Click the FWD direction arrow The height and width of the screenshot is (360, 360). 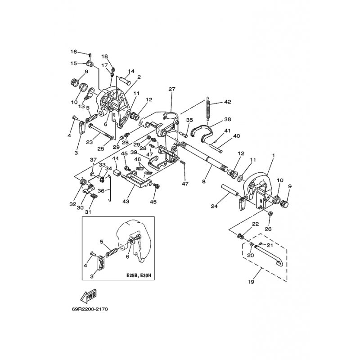pos(88,296)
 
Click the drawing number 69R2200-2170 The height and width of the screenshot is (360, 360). pos(90,309)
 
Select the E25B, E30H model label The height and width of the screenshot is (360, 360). pos(139,275)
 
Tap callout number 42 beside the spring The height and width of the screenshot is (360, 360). pos(227,102)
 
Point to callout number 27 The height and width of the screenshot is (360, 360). pos(172,89)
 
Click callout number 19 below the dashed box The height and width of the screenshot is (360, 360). pos(251,282)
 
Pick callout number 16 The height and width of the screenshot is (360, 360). pos(74,52)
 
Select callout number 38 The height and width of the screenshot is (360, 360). pos(227,119)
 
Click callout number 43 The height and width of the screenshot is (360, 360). pos(126,201)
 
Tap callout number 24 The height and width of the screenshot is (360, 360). pos(215,206)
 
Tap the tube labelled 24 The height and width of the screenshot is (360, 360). pos(229,190)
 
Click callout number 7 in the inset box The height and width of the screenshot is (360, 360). pos(139,249)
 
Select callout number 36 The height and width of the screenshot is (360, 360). pos(101,190)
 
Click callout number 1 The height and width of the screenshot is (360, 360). pos(273,155)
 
